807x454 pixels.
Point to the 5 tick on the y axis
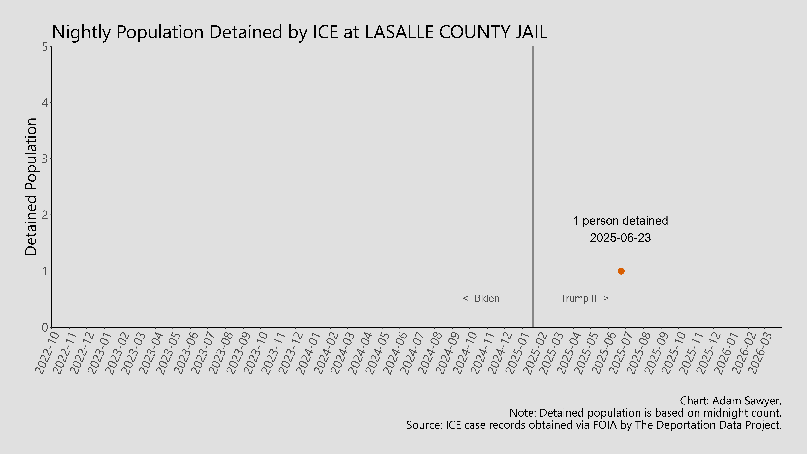[45, 47]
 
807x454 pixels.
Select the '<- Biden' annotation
[481, 298]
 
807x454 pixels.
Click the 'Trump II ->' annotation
[584, 298]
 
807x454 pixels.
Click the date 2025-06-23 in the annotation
[620, 238]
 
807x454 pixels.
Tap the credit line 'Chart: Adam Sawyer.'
[731, 401]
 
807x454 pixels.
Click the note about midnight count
[645, 413]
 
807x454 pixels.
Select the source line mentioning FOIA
[594, 425]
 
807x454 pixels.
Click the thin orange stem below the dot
[621, 301]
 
